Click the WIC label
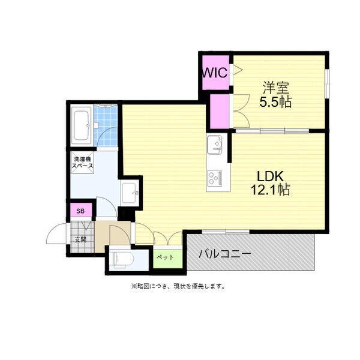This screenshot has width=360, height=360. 215,73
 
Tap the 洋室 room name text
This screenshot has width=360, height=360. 275,86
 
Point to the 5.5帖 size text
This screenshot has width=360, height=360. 275,101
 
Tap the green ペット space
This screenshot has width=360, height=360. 165,257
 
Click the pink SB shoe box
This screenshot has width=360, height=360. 80,211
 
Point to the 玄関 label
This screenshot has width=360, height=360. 80,239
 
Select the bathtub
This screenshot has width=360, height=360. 82,125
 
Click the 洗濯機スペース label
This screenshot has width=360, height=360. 82,162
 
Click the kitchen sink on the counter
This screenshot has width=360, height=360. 215,146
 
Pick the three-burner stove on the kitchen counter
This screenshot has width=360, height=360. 215,178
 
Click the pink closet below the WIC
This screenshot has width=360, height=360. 220,111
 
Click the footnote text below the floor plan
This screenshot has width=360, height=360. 178,287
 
